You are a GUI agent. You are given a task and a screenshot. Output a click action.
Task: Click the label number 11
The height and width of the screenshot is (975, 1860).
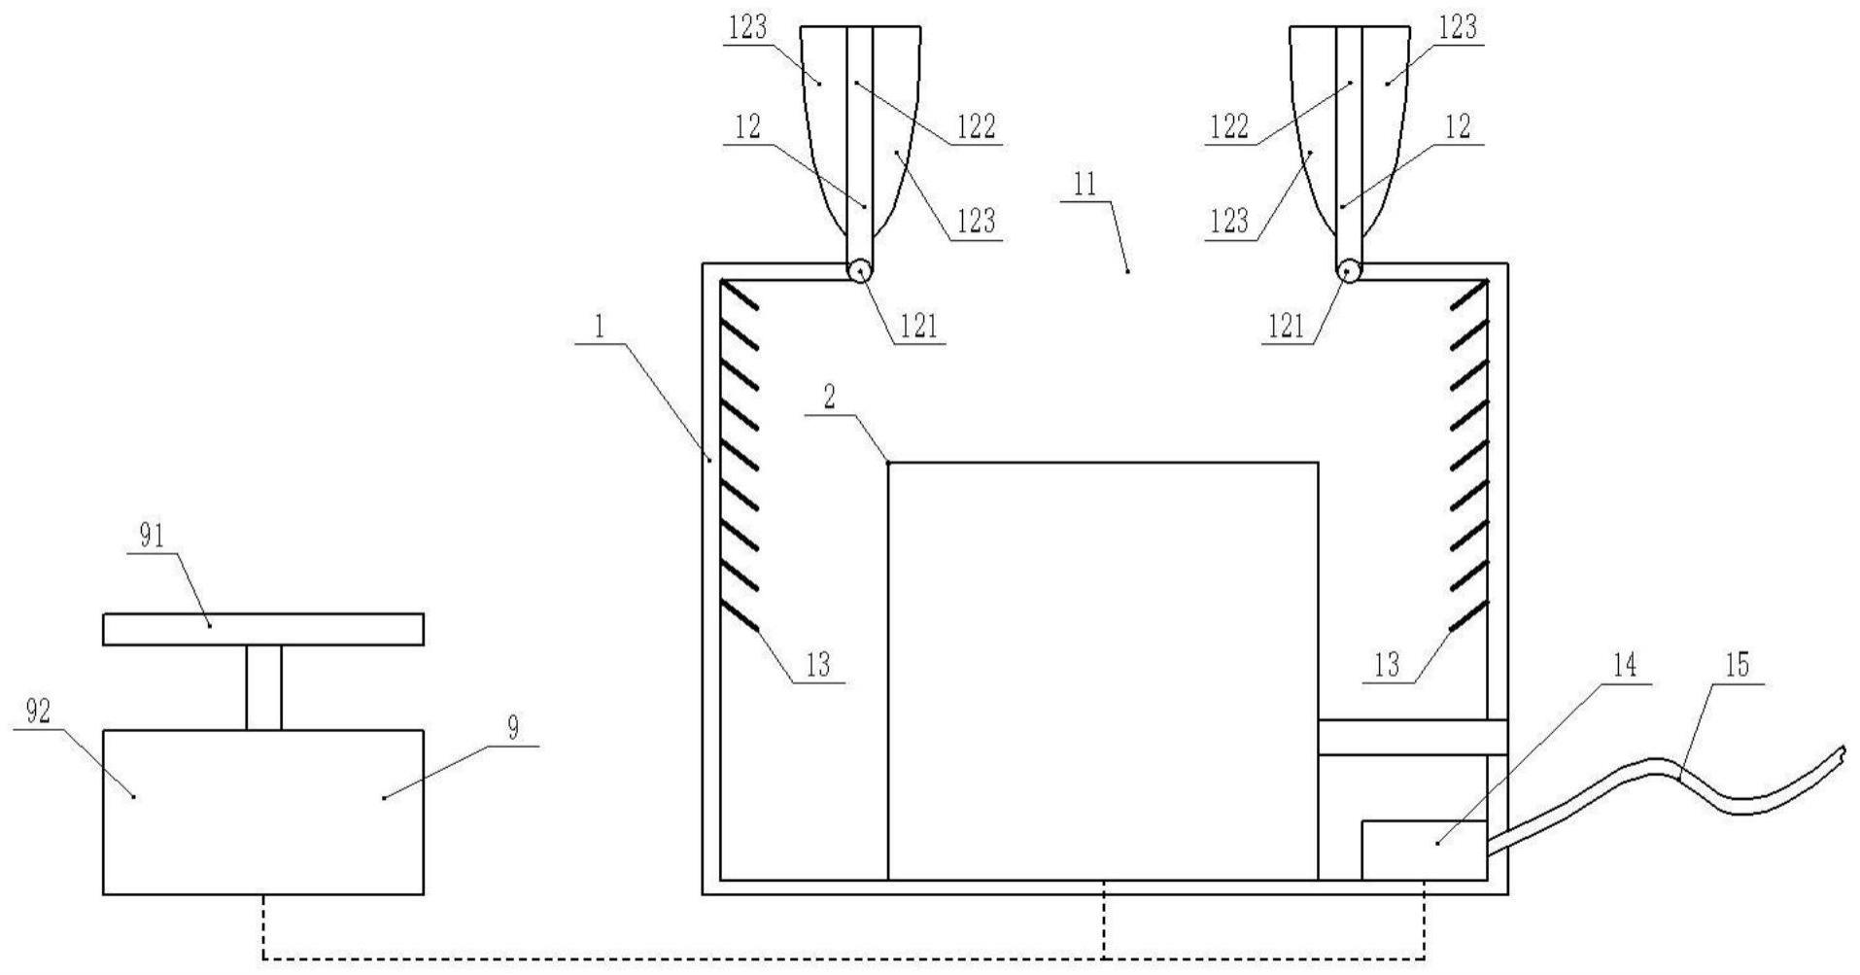pos(1085,185)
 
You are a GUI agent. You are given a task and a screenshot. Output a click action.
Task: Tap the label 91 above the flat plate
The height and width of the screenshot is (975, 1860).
pos(152,538)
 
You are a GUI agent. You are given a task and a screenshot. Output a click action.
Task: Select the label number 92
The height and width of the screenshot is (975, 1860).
pos(38,713)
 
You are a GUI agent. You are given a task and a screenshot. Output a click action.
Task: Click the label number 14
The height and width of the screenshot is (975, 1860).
pos(1625,666)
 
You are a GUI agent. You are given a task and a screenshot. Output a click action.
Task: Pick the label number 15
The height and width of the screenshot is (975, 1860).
pos(1737,666)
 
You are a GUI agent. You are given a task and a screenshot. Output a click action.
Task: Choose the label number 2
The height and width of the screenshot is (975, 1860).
pos(829,397)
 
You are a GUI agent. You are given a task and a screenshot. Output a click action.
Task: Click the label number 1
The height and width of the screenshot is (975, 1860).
pos(600,328)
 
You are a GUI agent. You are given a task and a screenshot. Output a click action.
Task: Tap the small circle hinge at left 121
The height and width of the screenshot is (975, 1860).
pos(859,271)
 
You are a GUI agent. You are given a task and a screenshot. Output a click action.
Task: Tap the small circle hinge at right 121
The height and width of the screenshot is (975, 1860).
pos(1348,271)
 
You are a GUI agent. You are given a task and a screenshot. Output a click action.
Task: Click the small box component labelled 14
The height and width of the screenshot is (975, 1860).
pos(1424,851)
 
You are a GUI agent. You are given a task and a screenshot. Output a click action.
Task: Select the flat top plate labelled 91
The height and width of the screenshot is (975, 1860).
pos(262,629)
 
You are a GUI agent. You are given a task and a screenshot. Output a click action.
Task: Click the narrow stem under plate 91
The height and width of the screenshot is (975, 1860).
pos(263,687)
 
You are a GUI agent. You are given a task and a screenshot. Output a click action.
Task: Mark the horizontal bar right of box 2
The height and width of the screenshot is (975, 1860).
pos(1412,738)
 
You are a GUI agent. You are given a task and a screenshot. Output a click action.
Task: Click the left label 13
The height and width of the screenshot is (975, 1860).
pos(818,665)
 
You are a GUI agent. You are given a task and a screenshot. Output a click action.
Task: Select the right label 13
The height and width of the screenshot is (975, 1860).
pos(1387,665)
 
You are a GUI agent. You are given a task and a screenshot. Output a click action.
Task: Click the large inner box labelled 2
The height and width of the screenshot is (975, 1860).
pos(1103,671)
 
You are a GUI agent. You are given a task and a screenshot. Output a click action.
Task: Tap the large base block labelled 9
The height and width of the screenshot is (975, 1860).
pos(262,812)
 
